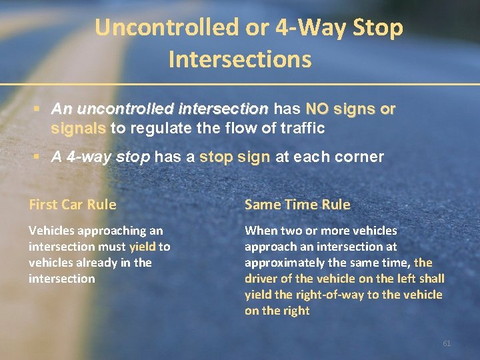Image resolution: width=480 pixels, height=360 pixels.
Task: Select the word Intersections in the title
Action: click(x=240, y=59)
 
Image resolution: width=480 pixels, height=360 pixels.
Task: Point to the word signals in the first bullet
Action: click(x=78, y=127)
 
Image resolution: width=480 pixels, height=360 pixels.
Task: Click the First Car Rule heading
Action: click(x=72, y=205)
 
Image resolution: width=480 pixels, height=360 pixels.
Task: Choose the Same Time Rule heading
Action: click(x=297, y=205)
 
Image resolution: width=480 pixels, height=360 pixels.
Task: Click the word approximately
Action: click(x=286, y=263)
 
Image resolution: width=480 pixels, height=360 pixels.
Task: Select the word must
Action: click(x=113, y=247)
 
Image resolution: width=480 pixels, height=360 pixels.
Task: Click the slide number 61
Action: click(x=447, y=343)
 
